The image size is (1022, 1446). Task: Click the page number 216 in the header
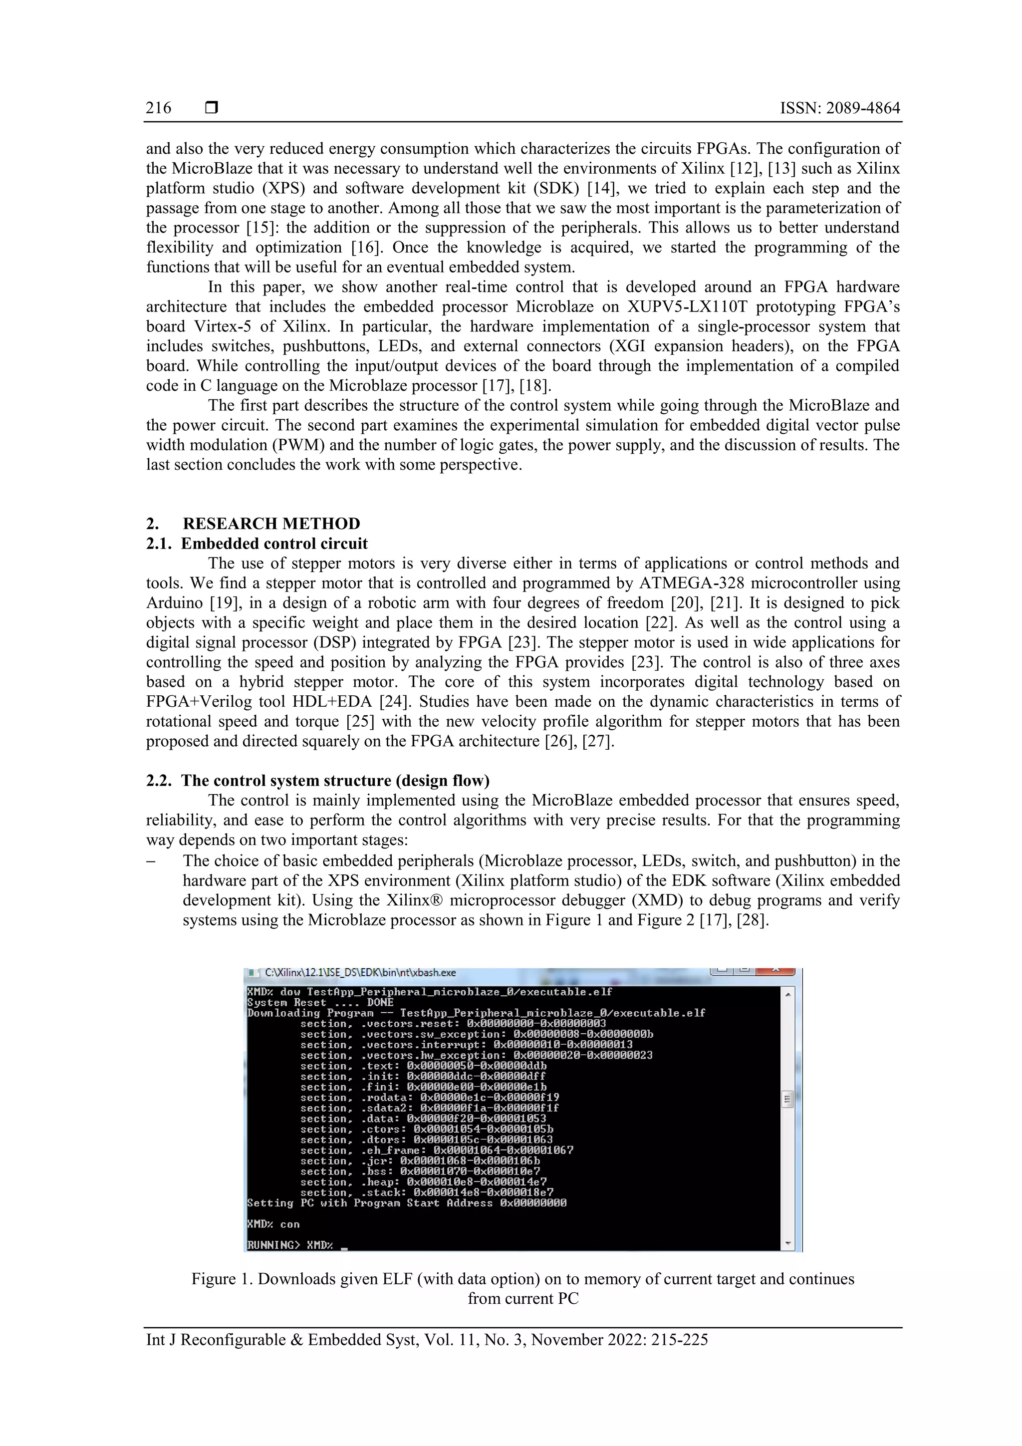coord(158,108)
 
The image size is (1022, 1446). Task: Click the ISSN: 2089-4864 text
coord(839,108)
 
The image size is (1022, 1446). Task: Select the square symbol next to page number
coord(212,108)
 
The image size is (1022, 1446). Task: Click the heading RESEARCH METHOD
coord(271,524)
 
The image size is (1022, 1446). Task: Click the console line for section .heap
coord(423,1181)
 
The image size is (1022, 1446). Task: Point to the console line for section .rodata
coord(430,1097)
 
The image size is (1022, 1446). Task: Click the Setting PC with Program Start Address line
coord(407,1203)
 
